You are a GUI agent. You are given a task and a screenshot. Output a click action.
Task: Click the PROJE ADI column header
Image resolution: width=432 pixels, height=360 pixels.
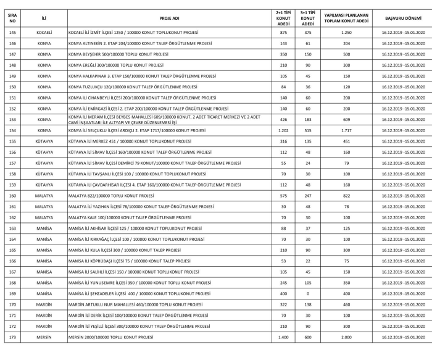point(170,19)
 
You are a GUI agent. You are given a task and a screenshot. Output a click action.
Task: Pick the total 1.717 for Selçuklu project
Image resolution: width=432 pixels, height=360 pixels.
point(346,131)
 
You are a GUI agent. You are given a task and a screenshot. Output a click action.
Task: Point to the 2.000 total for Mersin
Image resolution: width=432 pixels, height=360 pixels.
point(346,338)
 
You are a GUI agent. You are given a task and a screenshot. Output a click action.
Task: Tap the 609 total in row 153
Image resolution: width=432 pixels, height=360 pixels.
point(346,118)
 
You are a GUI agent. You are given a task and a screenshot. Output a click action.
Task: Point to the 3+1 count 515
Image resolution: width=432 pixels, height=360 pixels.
point(307,131)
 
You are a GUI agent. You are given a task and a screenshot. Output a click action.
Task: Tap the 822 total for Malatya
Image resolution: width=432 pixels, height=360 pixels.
point(346,196)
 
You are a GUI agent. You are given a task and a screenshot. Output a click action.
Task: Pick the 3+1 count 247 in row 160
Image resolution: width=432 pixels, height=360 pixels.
point(307,196)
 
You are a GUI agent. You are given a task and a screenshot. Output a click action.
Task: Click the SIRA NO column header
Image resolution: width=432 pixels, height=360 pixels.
point(12,19)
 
